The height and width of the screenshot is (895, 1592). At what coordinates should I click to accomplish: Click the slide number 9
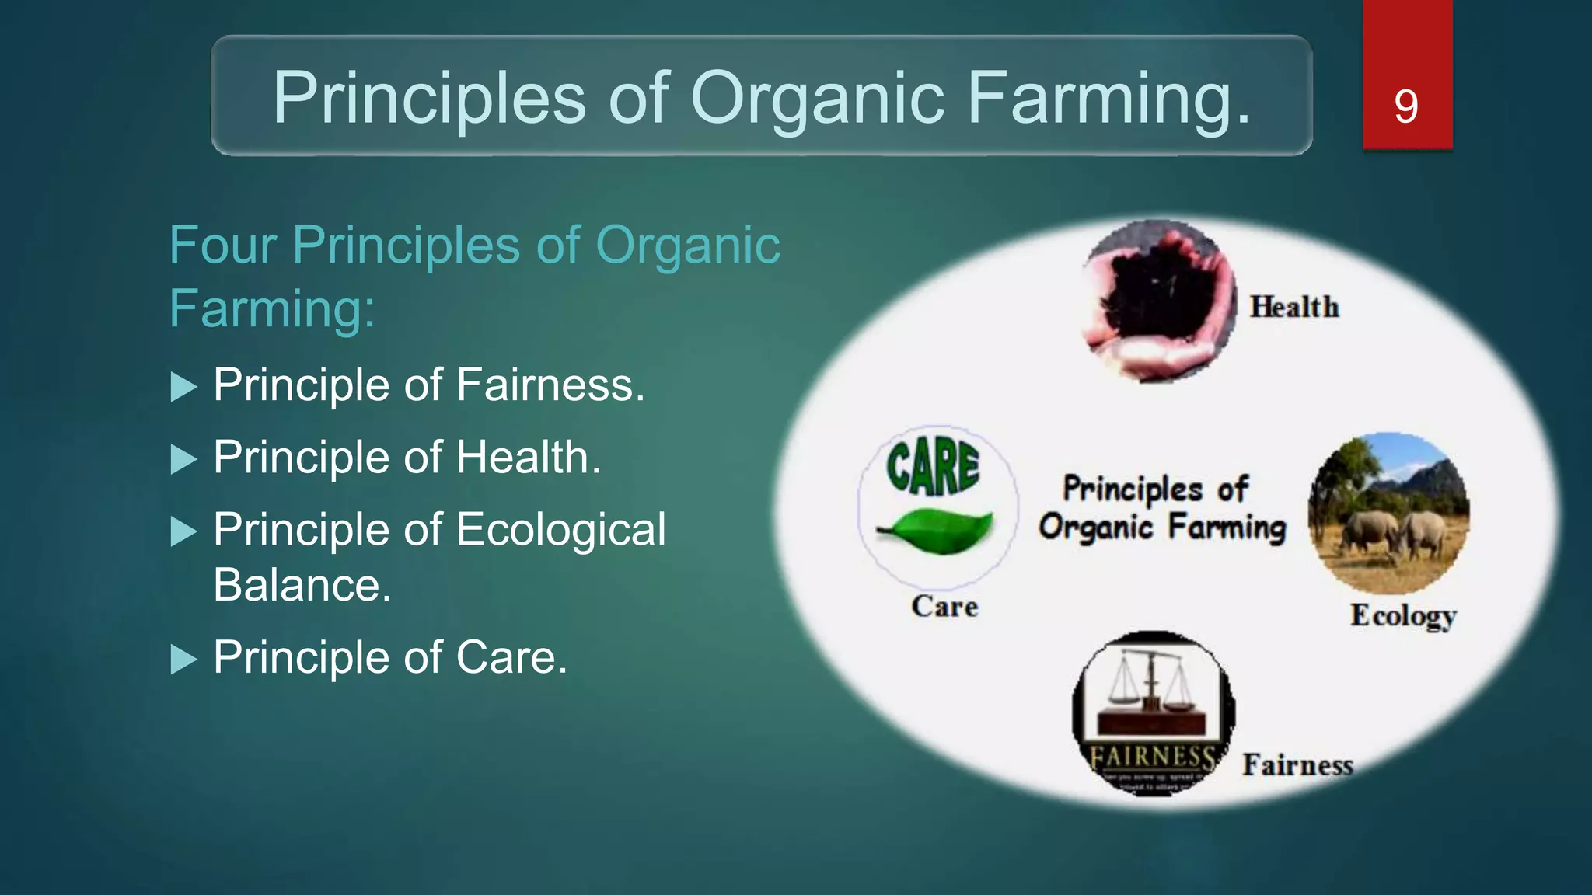1405,106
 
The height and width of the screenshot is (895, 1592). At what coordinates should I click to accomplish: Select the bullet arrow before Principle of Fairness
183,387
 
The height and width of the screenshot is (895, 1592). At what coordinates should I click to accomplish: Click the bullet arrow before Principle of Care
183,659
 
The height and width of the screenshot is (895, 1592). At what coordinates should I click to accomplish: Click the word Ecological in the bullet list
560,529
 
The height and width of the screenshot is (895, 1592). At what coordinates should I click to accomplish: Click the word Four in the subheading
222,246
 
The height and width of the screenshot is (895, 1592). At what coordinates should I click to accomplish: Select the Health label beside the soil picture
1294,307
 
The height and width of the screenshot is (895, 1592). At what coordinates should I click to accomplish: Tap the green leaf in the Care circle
938,531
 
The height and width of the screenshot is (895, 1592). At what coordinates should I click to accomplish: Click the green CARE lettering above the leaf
933,468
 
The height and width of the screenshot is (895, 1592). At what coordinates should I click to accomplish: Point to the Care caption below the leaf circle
944,607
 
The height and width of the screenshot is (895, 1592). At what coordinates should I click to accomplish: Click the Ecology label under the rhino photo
1403,615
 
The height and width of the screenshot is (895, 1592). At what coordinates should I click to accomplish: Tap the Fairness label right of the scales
1297,765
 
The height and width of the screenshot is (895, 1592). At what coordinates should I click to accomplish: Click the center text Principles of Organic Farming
1161,508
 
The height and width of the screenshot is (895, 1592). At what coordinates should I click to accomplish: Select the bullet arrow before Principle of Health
183,459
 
